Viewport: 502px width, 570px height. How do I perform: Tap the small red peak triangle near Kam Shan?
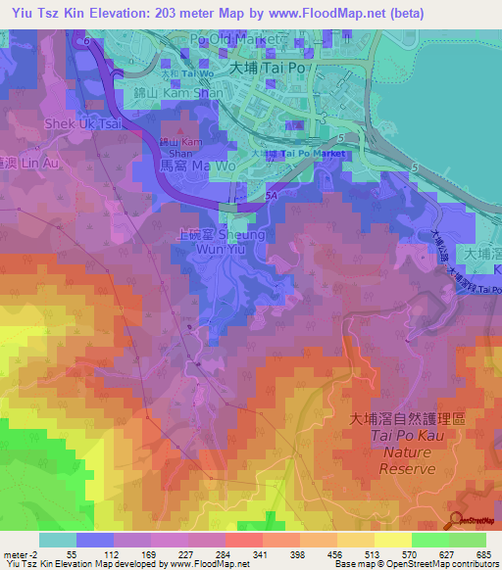click(178, 128)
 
